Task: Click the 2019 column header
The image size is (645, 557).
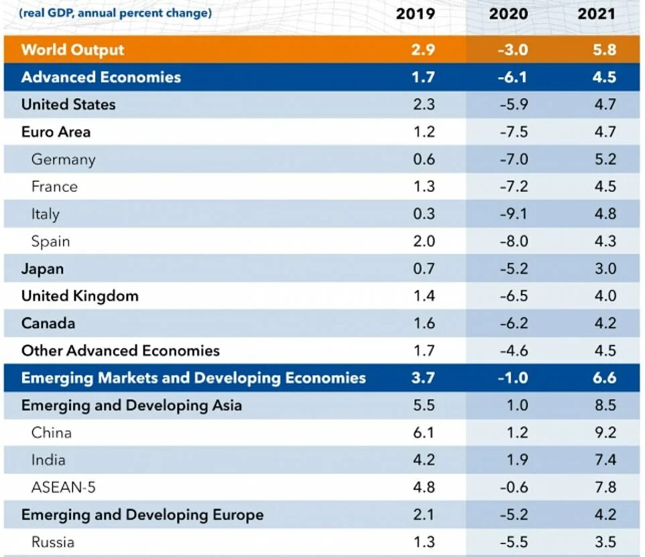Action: click(x=415, y=13)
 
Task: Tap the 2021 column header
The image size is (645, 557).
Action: click(x=595, y=13)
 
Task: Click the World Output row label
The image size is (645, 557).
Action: click(x=72, y=50)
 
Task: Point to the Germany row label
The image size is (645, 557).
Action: click(x=63, y=159)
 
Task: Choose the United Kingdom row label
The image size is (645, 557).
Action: click(x=80, y=296)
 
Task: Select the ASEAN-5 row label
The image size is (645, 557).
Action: click(x=63, y=488)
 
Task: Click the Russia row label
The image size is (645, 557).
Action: click(x=52, y=542)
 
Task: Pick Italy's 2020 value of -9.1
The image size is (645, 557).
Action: click(x=514, y=214)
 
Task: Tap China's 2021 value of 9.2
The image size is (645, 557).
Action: click(x=605, y=433)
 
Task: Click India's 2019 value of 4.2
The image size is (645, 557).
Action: click(x=424, y=460)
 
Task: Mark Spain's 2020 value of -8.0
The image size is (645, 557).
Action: click(x=514, y=242)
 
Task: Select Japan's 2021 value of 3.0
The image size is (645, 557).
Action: click(x=605, y=269)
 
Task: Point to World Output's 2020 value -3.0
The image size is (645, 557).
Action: click(x=514, y=50)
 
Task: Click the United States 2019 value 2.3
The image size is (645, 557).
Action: click(x=424, y=105)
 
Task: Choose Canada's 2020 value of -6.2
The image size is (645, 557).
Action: click(x=514, y=323)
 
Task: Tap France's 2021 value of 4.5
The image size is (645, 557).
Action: click(x=605, y=187)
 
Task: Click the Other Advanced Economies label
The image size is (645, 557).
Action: click(x=120, y=351)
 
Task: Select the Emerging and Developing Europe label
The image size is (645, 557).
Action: click(x=142, y=515)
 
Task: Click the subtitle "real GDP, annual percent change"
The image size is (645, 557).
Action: click(x=115, y=13)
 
